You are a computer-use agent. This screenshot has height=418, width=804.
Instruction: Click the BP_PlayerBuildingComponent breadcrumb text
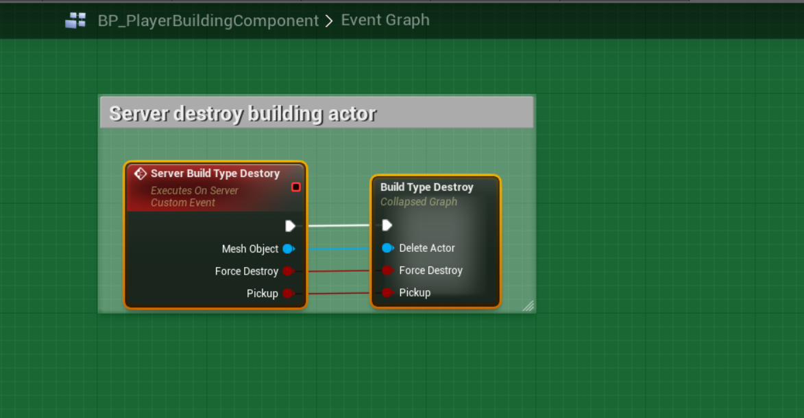point(208,21)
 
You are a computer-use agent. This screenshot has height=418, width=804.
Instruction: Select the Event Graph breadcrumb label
point(385,20)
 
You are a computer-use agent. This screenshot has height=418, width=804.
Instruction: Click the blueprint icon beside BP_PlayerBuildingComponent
point(75,21)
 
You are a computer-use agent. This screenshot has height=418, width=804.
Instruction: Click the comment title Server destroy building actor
point(243,113)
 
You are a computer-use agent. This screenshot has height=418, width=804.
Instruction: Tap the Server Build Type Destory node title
point(215,174)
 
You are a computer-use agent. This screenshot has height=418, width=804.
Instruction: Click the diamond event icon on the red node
point(141,174)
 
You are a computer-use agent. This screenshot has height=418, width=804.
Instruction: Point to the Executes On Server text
point(195,191)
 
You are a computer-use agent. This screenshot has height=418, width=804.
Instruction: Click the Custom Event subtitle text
point(183,202)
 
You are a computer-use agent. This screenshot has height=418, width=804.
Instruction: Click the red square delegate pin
point(296,187)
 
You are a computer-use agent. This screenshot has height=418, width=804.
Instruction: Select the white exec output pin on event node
point(290,226)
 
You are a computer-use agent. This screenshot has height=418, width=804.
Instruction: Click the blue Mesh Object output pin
point(288,249)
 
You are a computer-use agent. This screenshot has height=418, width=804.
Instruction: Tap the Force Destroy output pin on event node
point(288,271)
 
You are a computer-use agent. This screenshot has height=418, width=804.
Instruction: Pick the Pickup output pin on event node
point(288,294)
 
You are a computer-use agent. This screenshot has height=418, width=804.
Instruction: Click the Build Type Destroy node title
point(426,187)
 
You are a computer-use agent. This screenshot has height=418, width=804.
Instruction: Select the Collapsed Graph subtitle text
point(418,202)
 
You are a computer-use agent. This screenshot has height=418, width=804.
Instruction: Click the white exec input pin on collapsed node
point(387,225)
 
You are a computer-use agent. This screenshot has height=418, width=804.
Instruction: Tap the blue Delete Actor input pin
point(387,248)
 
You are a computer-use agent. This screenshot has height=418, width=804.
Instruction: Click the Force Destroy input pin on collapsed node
point(387,270)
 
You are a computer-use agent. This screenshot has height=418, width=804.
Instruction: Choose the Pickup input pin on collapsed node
point(387,292)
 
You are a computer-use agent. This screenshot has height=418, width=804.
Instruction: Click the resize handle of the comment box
point(528,306)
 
